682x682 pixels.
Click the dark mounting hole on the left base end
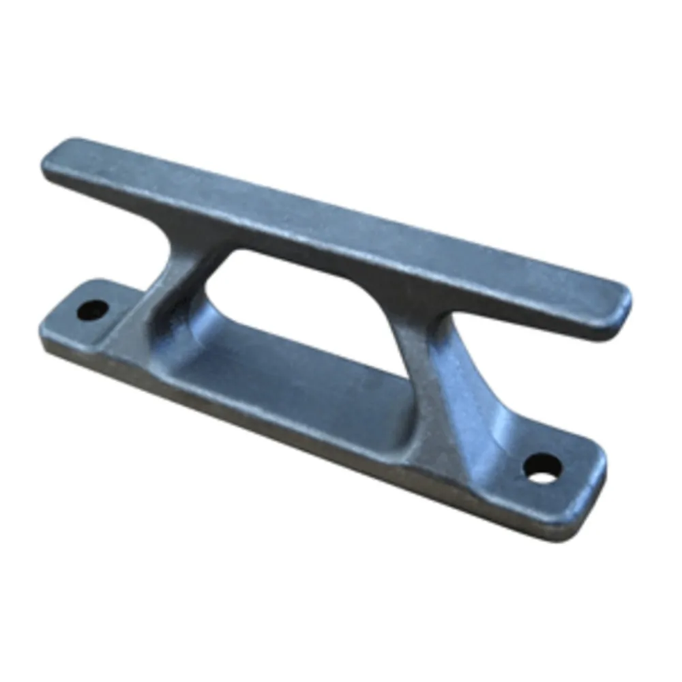pos(93,311)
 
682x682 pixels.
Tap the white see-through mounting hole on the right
pos(543,469)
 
